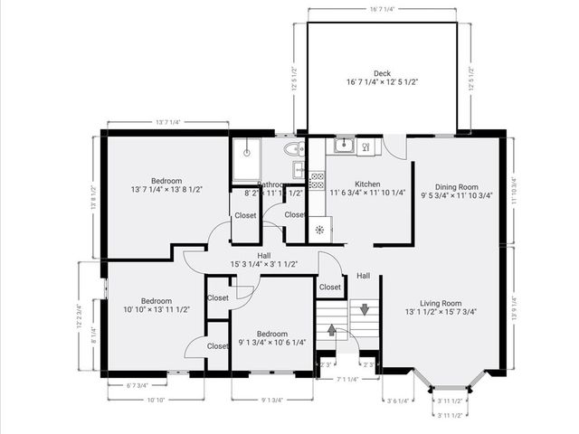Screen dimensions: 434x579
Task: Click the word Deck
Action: click(382, 73)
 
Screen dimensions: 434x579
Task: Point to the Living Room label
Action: click(440, 304)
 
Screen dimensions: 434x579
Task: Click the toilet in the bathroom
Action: click(291, 150)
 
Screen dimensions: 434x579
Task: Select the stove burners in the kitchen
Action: click(317, 180)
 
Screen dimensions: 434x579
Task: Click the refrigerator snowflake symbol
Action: click(318, 229)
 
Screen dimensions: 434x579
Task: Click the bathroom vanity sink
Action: click(298, 170)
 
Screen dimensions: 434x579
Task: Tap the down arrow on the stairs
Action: click(364, 309)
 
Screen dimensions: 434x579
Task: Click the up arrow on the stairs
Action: click(332, 330)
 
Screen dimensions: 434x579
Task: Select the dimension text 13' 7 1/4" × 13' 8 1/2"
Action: click(166, 190)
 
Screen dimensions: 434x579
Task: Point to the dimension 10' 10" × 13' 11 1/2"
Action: click(150, 310)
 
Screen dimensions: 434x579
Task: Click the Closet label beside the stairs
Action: click(330, 288)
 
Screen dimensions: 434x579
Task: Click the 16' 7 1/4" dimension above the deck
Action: click(380, 9)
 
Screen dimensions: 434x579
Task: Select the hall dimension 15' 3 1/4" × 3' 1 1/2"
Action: click(264, 265)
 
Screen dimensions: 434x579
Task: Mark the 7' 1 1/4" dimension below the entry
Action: click(346, 380)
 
